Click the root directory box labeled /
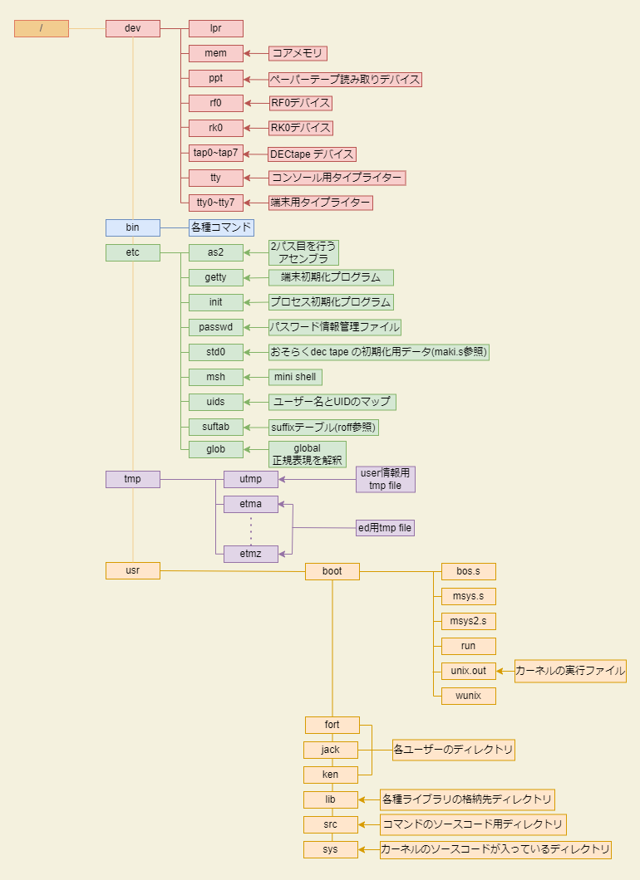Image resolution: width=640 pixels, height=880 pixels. tap(42, 28)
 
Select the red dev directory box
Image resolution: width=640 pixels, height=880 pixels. tap(133, 28)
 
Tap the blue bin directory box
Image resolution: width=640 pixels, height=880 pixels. tap(133, 227)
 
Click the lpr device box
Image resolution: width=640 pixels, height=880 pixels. tap(216, 28)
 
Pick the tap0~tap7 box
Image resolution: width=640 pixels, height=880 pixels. tap(216, 153)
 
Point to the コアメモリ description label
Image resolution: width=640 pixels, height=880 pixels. tap(298, 53)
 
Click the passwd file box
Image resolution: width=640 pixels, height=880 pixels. tap(216, 327)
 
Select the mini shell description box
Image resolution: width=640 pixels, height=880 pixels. tap(296, 377)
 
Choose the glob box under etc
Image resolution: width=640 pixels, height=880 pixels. tap(216, 449)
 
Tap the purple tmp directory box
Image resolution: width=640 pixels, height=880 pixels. tap(133, 479)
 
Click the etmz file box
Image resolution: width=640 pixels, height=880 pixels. tap(251, 554)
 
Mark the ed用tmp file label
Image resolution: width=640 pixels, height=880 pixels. tap(385, 528)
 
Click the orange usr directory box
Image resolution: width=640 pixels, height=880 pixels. tap(133, 571)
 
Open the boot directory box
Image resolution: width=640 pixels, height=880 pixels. tap(332, 571)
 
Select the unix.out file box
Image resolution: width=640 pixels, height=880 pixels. tap(469, 672)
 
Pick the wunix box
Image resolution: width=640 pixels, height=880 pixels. tap(469, 696)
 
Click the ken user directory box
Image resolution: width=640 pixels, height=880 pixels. tap(331, 775)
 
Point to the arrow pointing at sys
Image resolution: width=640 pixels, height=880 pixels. tap(369, 849)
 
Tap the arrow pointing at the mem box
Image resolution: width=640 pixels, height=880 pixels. tap(256, 54)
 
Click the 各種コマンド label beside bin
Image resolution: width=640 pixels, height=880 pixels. tap(221, 227)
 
